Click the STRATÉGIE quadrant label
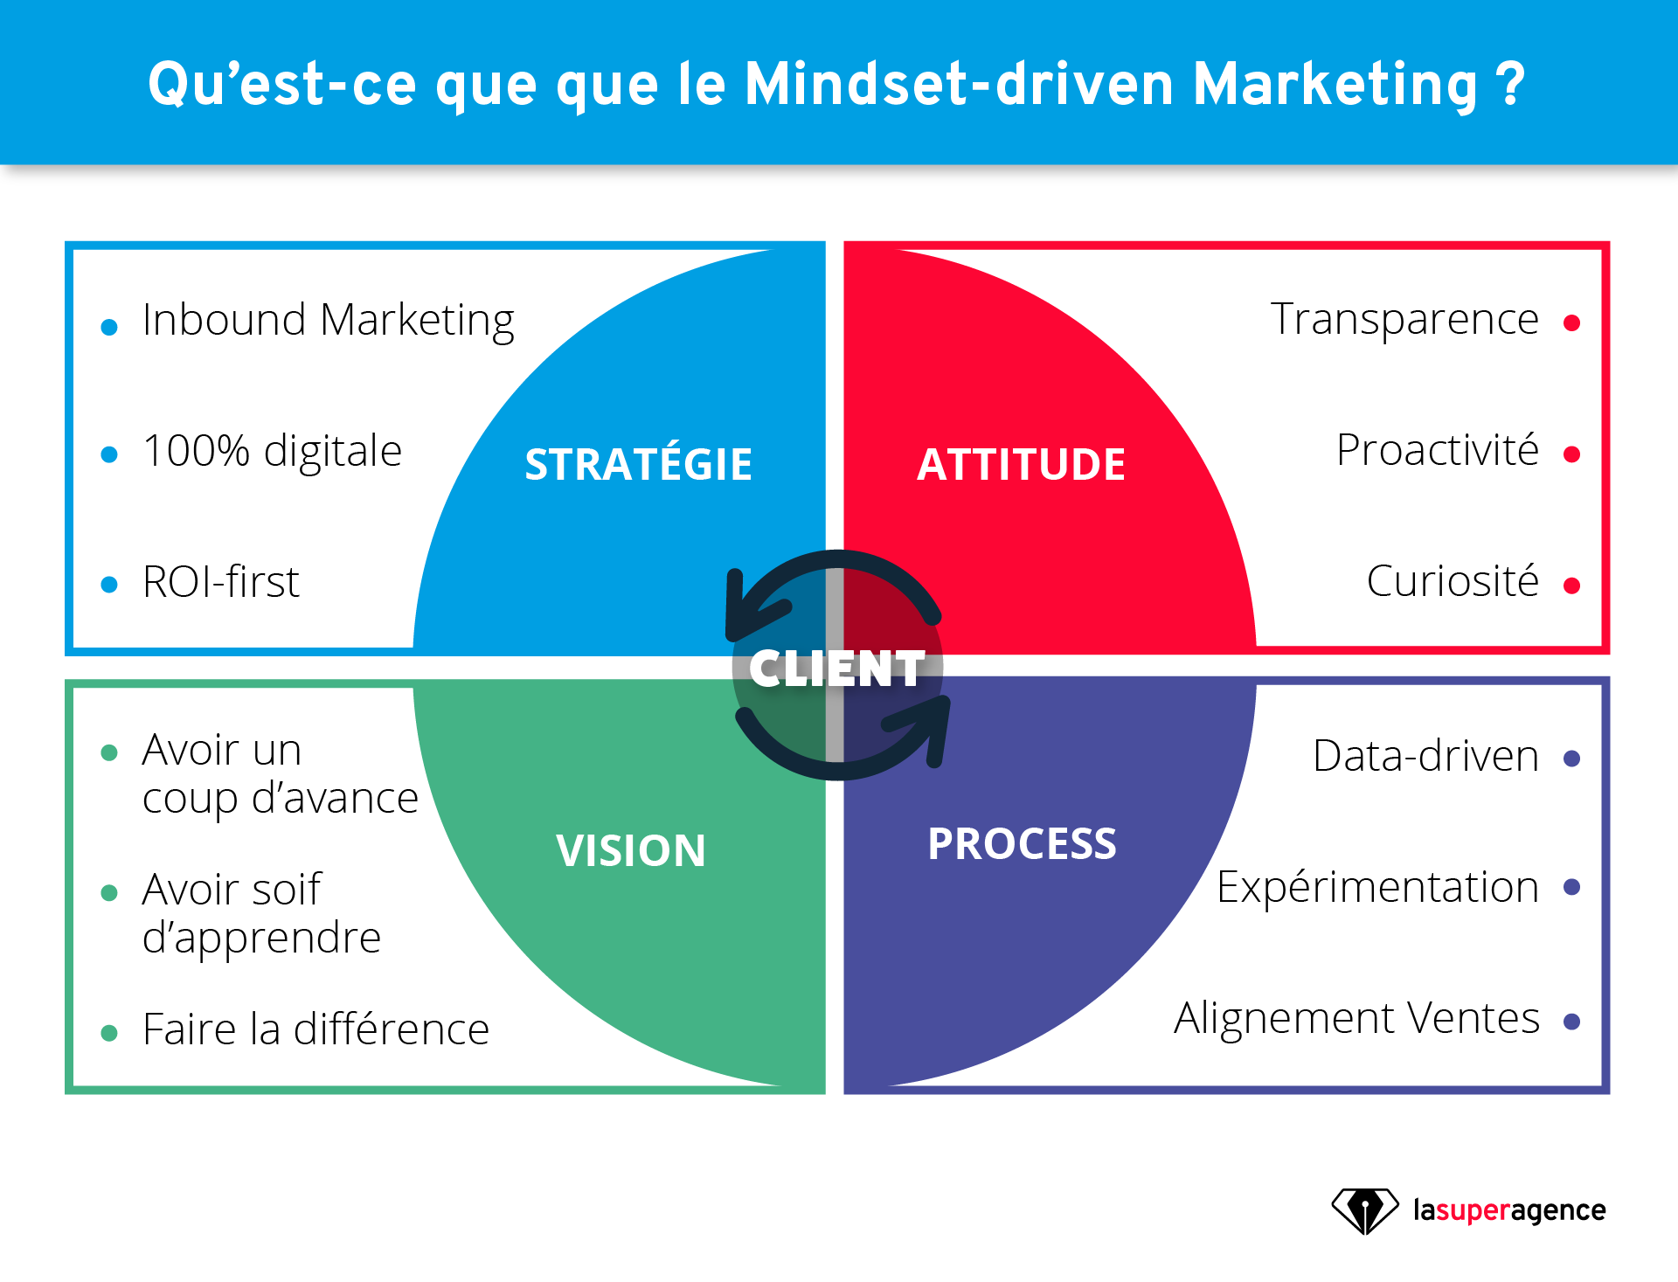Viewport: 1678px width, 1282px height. [x=638, y=464]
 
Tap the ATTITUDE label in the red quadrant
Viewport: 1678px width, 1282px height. [x=1021, y=464]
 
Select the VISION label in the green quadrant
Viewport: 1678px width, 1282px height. [x=631, y=850]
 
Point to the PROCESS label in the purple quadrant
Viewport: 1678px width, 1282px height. [x=1022, y=844]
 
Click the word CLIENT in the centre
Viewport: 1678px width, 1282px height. [x=836, y=669]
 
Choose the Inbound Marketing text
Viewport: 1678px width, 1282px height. [x=328, y=321]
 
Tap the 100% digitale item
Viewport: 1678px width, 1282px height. [x=272, y=452]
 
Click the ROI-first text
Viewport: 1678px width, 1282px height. [x=221, y=582]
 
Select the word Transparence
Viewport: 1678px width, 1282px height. [x=1404, y=320]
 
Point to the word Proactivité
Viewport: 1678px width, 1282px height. [x=1437, y=451]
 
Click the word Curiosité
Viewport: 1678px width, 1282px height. [x=1452, y=581]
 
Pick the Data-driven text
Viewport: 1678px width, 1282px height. [x=1425, y=756]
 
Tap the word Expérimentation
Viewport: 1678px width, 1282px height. [x=1377, y=888]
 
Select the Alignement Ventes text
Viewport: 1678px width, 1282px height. [x=1356, y=1018]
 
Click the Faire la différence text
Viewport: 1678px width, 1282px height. [x=315, y=1029]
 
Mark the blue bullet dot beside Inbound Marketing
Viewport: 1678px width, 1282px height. [x=109, y=328]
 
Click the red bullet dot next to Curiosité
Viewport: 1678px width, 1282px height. [x=1571, y=586]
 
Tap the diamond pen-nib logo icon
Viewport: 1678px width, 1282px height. [x=1364, y=1210]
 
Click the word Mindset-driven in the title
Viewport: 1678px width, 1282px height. [x=959, y=85]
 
